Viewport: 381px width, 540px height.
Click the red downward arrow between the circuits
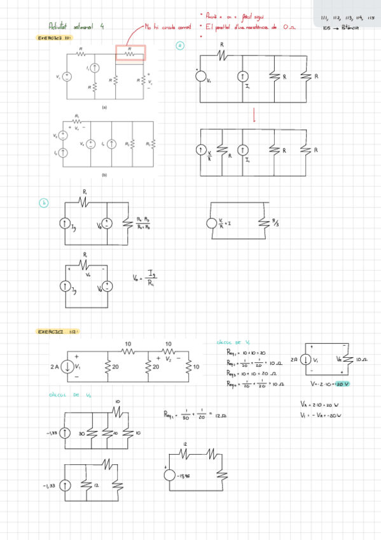tap(254, 115)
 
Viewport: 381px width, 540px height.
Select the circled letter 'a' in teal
tap(180, 46)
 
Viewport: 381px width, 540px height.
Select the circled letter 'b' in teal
tap(44, 204)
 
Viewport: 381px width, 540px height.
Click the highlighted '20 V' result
tap(342, 385)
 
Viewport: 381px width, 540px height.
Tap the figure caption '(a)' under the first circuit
tap(104, 108)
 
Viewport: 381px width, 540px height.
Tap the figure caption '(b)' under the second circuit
tap(104, 174)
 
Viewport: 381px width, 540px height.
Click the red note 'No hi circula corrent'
tap(168, 27)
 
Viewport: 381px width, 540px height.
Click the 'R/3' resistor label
tap(275, 224)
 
